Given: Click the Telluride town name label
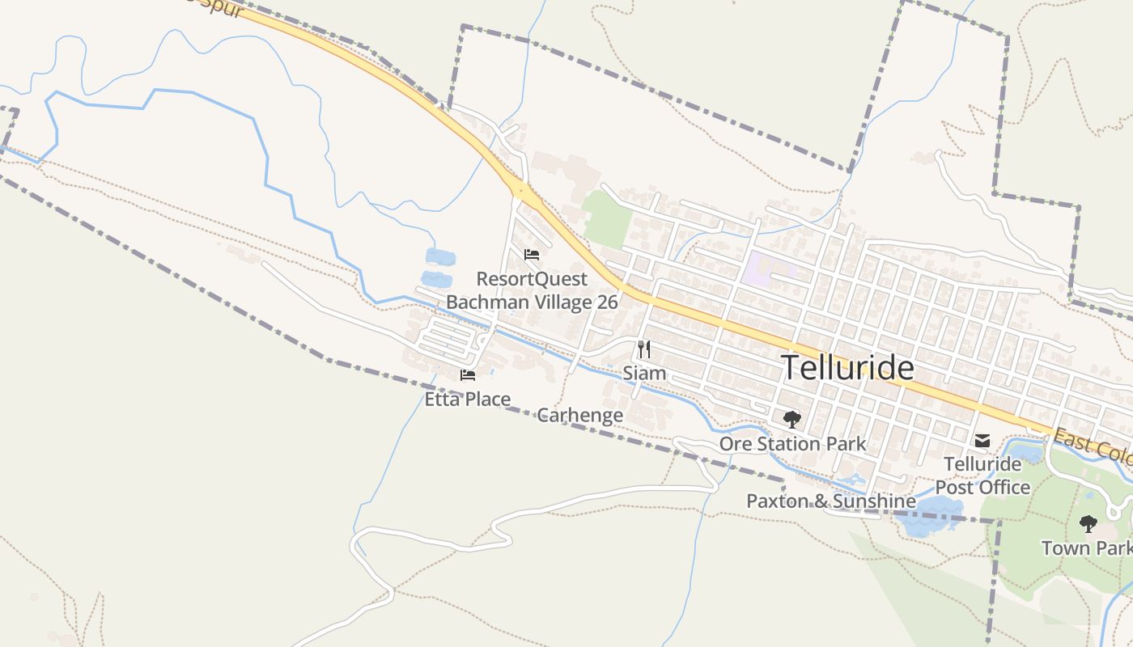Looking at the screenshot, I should tap(847, 368).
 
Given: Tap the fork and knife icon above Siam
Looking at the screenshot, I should tap(644, 349).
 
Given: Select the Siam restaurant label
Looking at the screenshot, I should tap(644, 374).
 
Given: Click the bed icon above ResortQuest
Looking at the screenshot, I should tap(532, 255).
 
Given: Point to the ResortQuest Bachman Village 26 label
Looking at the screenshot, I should tap(532, 290).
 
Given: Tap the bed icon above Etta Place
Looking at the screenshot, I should tap(468, 374).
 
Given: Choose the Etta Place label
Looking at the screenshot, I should tap(468, 399).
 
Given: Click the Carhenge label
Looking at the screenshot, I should tap(580, 416).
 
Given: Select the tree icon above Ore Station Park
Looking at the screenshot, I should tap(792, 420).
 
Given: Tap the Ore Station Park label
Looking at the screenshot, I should tap(792, 444).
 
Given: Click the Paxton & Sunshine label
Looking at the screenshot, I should tap(830, 501).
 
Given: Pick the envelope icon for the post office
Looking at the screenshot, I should tap(982, 441).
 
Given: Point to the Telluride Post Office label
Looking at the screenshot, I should tap(982, 476).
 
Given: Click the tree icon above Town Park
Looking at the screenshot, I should tap(1088, 524).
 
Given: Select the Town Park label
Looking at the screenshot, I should tap(1086, 548).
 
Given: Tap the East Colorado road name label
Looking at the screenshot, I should tap(1093, 446).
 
